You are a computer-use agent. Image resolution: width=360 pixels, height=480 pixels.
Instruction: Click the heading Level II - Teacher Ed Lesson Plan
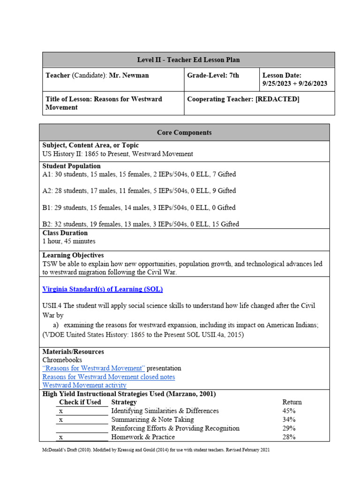(x=188, y=60)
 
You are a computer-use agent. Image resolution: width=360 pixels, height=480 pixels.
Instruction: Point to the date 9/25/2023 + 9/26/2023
(x=294, y=84)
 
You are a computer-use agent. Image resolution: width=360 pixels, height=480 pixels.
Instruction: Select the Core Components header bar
(x=184, y=133)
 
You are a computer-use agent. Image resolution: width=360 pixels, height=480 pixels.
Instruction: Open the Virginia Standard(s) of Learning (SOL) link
(x=103, y=289)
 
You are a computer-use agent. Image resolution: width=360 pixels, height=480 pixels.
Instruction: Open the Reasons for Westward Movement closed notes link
(x=109, y=377)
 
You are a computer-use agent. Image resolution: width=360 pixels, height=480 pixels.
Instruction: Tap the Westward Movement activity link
(x=84, y=385)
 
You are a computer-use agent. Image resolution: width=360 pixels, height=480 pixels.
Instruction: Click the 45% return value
(x=289, y=411)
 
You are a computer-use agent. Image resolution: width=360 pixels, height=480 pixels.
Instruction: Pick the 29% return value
(x=289, y=428)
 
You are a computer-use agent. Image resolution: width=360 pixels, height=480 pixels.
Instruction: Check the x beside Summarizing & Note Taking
(x=61, y=420)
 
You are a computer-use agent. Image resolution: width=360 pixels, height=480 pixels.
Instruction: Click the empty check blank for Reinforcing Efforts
(x=82, y=428)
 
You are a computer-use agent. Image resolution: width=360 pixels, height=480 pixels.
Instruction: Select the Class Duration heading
(x=65, y=233)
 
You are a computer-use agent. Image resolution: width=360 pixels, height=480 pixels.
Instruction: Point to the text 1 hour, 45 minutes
(x=69, y=241)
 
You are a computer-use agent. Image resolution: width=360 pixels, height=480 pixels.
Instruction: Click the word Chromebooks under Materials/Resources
(x=62, y=360)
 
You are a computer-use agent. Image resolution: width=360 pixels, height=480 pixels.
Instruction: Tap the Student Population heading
(x=72, y=166)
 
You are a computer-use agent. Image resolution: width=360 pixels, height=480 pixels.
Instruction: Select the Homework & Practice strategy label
(x=143, y=437)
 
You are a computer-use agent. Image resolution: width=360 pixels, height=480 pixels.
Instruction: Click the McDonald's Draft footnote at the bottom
(x=156, y=450)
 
